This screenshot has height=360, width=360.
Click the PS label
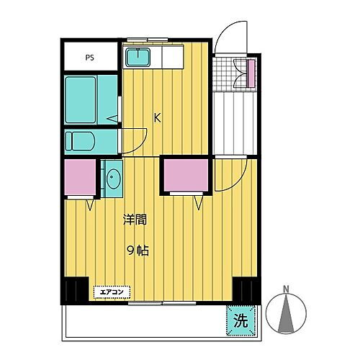(x=90, y=56)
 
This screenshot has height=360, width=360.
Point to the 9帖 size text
(x=138, y=251)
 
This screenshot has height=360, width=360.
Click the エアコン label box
(x=112, y=292)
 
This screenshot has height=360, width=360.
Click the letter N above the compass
(x=286, y=291)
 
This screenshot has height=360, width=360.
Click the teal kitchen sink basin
(x=139, y=57)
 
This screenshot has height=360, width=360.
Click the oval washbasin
(x=112, y=178)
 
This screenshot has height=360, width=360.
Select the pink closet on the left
(x=80, y=177)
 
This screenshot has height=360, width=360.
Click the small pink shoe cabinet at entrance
(x=251, y=72)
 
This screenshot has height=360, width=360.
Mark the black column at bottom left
(x=74, y=291)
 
